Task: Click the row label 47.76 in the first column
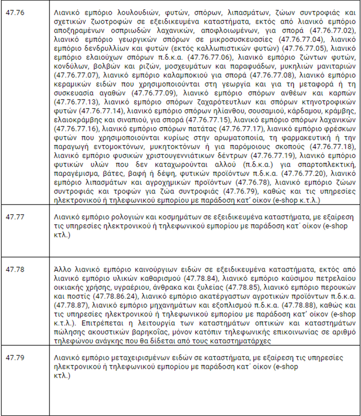tap(15, 13)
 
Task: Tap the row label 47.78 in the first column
tap(15, 269)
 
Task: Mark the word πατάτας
tap(206, 128)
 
